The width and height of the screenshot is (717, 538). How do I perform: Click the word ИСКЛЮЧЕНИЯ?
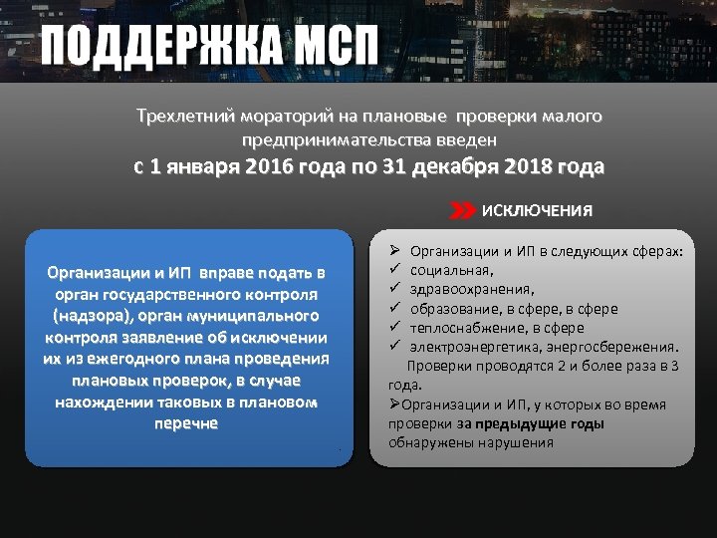(537, 211)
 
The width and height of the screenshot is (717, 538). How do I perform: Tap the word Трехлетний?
(181, 117)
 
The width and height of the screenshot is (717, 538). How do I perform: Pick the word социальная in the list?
(452, 270)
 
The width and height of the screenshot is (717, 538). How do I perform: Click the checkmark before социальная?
(394, 270)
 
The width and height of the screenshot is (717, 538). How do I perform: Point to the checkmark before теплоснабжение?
(394, 327)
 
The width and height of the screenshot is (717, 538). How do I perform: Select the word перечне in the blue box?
(186, 422)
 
